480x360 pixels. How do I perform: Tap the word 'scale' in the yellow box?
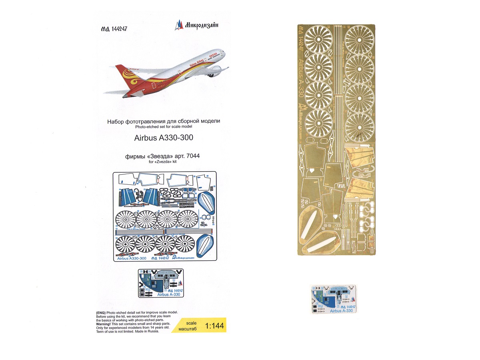click(x=192, y=322)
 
